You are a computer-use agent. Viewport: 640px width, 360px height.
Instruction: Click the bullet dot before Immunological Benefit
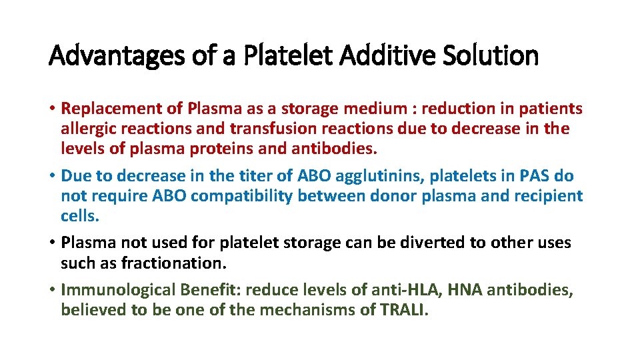[52, 291]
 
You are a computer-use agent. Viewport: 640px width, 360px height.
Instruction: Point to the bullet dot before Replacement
[52, 109]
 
